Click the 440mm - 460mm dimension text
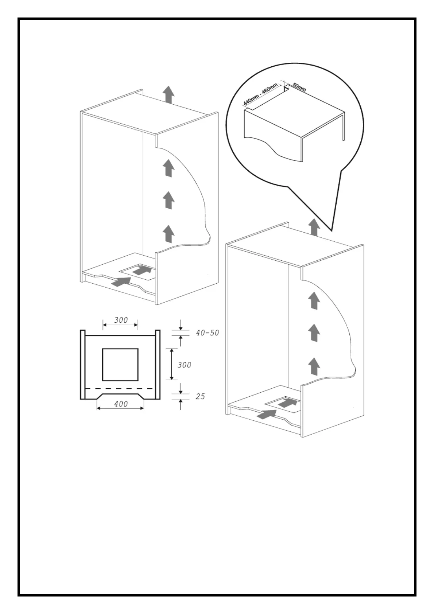(x=260, y=94)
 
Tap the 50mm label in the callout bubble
(x=299, y=88)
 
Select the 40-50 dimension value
(x=207, y=333)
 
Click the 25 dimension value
(x=200, y=396)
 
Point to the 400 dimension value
(x=121, y=404)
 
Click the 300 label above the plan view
(x=121, y=320)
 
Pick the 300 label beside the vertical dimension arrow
(x=184, y=365)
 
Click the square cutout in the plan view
(x=120, y=364)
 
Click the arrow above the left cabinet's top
(x=168, y=94)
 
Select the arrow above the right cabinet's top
(x=314, y=227)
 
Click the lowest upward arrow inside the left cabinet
(x=168, y=233)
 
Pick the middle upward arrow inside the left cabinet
(x=168, y=200)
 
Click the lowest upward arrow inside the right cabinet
(x=314, y=366)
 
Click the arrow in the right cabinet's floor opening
(x=288, y=403)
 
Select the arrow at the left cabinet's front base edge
(x=120, y=281)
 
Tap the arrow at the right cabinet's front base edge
(x=266, y=414)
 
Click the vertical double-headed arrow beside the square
(x=171, y=364)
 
